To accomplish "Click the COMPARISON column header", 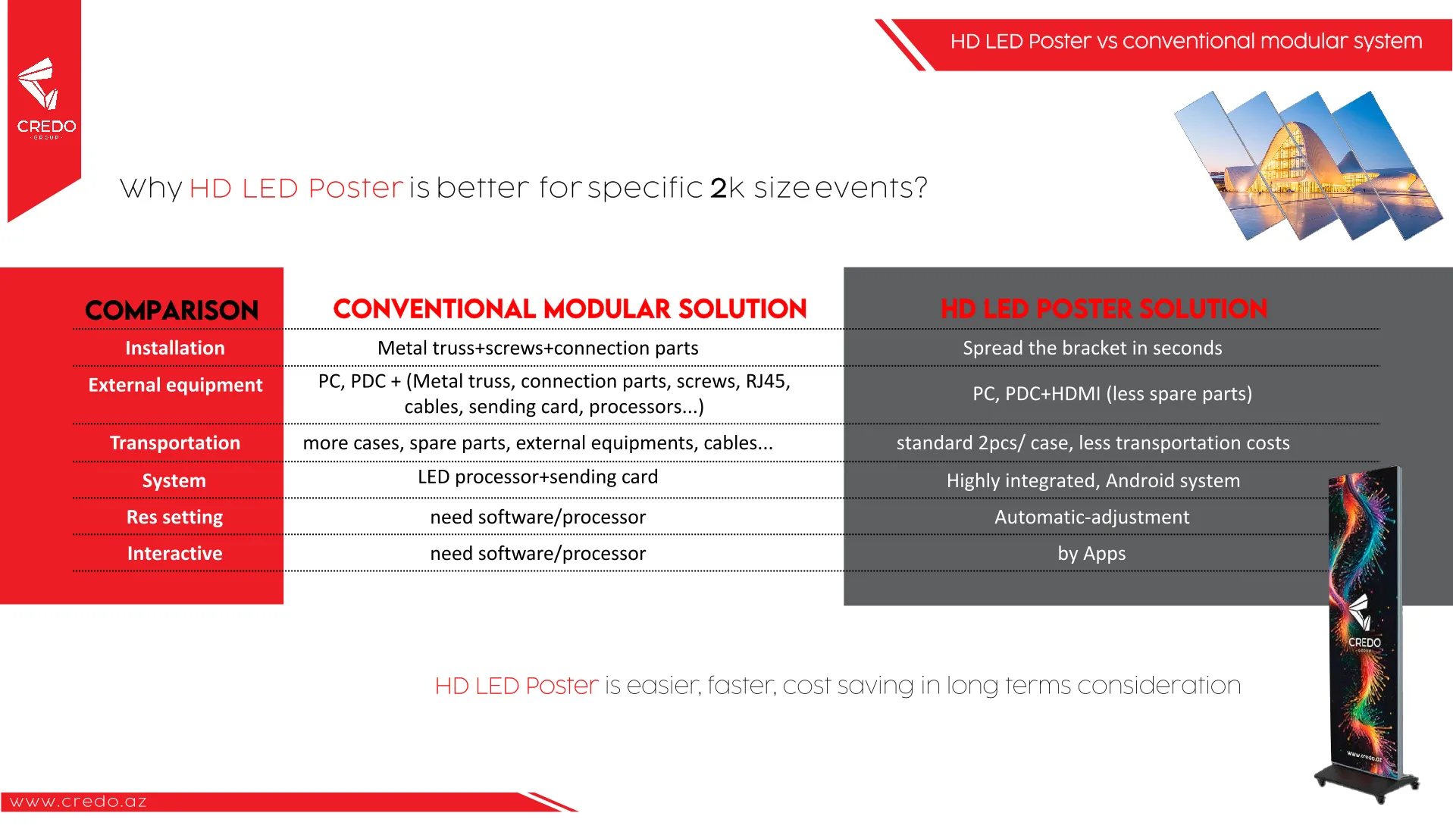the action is (x=172, y=310).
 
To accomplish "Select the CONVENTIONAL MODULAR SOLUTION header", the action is (x=570, y=308).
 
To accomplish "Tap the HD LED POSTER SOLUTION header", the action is (x=1104, y=308).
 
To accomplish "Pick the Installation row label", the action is (x=175, y=348).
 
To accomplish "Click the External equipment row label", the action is (x=175, y=385).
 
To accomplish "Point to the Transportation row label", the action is (x=175, y=442).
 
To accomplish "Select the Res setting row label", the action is (x=175, y=517).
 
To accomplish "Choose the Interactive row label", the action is (x=175, y=553).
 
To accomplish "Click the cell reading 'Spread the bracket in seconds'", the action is (x=1092, y=348).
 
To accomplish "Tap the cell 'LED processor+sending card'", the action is (x=538, y=477).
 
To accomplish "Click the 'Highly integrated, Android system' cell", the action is (x=1093, y=480).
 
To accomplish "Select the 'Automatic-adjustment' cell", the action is (x=1092, y=517).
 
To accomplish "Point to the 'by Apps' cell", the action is (x=1091, y=554).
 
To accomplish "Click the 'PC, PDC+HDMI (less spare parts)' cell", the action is (x=1113, y=394).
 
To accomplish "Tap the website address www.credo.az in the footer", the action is (x=78, y=802).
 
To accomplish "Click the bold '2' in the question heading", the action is (x=719, y=188).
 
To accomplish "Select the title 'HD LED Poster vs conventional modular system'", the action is (x=1186, y=41).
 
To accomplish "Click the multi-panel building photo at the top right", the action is (x=1308, y=165).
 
